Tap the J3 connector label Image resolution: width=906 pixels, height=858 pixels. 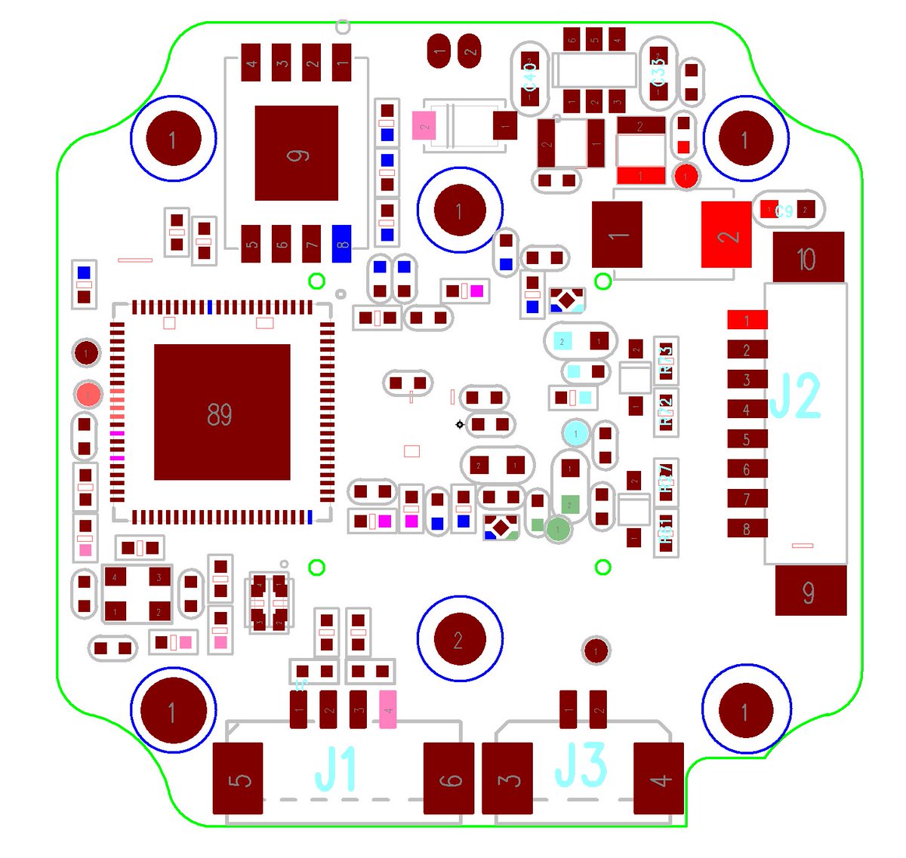click(x=581, y=765)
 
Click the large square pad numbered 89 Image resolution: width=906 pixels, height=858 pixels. click(x=222, y=412)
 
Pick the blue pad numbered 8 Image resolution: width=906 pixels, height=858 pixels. click(x=342, y=244)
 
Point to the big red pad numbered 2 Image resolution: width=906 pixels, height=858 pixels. click(x=726, y=235)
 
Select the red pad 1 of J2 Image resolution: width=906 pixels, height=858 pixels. click(x=747, y=320)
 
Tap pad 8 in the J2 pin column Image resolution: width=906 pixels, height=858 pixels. click(x=747, y=528)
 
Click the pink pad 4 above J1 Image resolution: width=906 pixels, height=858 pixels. click(x=388, y=709)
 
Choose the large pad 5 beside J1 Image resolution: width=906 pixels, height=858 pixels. click(x=238, y=778)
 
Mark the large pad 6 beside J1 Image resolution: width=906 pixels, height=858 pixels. click(x=449, y=778)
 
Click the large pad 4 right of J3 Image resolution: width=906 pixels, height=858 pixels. click(x=658, y=778)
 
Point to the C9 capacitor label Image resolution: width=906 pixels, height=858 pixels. click(x=785, y=211)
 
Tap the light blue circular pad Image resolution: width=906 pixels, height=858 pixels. click(x=576, y=433)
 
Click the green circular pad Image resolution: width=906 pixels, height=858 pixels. click(x=559, y=530)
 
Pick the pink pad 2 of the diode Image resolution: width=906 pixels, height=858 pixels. click(x=424, y=125)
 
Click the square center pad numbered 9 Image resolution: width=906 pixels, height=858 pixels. click(x=297, y=153)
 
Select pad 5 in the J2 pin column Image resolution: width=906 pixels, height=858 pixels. click(x=747, y=439)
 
